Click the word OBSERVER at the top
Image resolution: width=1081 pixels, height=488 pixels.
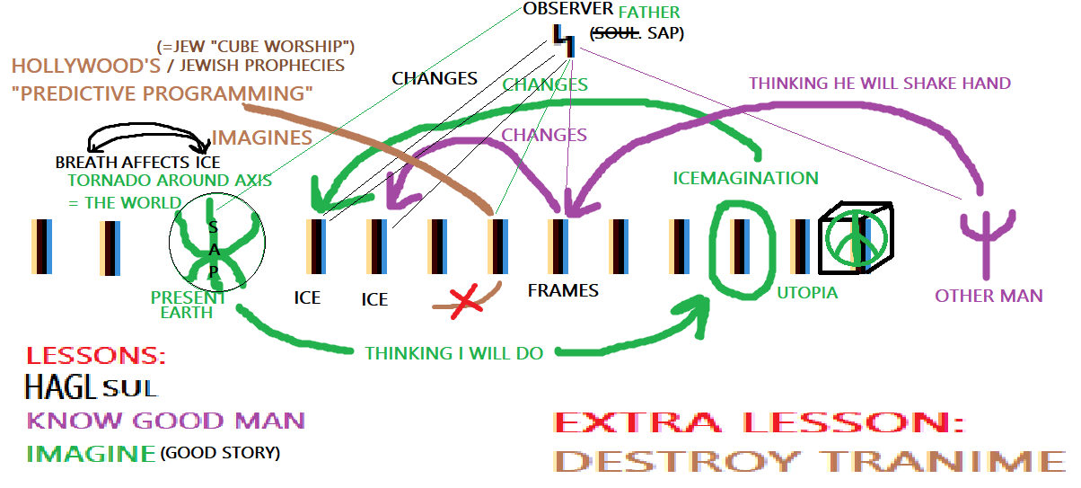point(568,10)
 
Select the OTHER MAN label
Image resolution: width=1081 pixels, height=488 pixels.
point(989,296)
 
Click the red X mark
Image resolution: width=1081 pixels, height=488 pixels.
point(464,300)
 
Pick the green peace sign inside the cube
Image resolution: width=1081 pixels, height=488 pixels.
point(857,238)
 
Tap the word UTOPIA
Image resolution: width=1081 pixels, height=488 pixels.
point(807,292)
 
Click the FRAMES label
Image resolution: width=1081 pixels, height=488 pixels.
point(562,290)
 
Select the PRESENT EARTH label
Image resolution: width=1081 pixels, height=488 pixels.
point(189,305)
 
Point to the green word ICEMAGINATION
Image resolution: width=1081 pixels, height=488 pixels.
point(745,178)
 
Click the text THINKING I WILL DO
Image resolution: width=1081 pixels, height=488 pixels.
point(453,353)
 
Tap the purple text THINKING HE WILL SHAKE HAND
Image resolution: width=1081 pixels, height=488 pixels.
point(880,83)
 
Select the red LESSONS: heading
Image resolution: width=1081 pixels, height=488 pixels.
point(96,356)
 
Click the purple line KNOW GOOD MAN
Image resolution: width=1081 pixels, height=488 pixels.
point(166,420)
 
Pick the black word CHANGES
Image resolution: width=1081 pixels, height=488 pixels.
point(435,78)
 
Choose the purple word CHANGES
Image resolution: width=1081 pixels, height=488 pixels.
point(544,135)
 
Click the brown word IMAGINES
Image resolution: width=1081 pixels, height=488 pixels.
point(261,138)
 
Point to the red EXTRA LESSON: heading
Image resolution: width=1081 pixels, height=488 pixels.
point(759,422)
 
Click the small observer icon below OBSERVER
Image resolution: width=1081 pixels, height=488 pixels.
point(565,38)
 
